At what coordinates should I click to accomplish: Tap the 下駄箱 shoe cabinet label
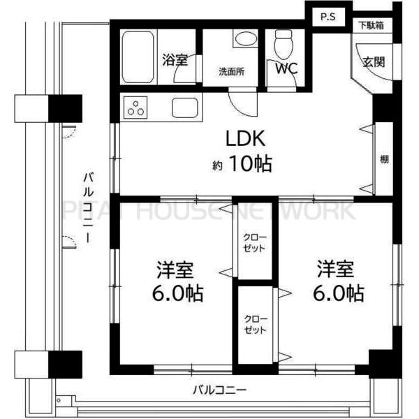click(x=371, y=26)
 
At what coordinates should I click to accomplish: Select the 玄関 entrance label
click(x=372, y=61)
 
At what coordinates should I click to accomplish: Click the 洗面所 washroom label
click(x=232, y=71)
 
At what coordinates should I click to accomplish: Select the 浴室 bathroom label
click(x=175, y=60)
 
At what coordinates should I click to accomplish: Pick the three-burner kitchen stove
click(x=137, y=108)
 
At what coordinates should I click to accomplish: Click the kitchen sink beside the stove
click(x=184, y=108)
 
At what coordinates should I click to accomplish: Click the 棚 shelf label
click(x=384, y=159)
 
